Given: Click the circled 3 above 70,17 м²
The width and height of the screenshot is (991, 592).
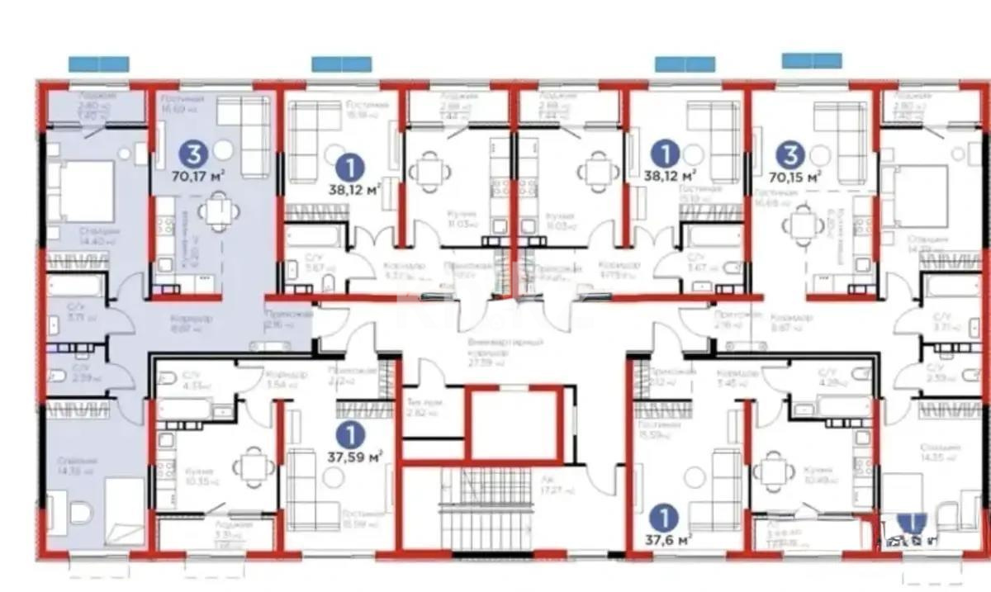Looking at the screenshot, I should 193,153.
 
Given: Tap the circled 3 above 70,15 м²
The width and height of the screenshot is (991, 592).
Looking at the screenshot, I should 791,154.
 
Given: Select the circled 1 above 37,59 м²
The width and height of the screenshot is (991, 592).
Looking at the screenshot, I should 353,432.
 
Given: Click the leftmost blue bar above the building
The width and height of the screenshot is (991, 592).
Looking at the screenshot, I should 98,63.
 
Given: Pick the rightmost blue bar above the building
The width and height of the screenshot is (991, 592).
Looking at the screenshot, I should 812,60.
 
